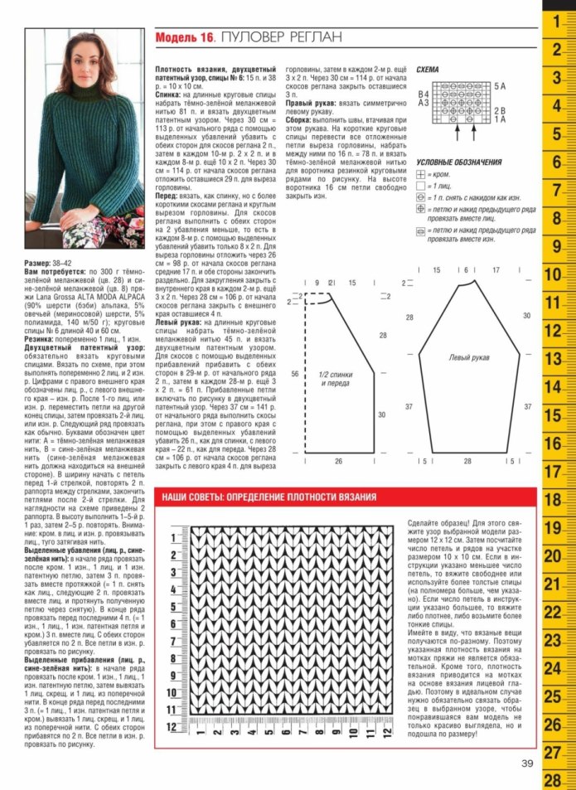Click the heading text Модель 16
coord(185,38)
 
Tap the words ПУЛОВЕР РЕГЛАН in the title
coord(281,38)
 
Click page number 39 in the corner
coord(528,763)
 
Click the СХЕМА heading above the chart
coord(428,70)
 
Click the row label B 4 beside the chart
coord(424,95)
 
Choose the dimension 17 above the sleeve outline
coord(495,270)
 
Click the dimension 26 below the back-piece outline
coord(338,461)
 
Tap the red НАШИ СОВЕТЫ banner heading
coord(268,497)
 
